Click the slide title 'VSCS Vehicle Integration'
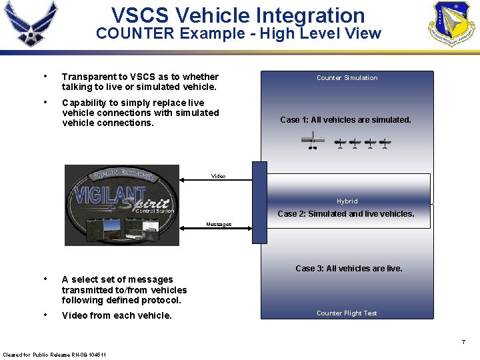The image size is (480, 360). [x=238, y=15]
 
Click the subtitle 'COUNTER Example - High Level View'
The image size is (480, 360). [x=238, y=33]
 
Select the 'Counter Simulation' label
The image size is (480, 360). [x=347, y=78]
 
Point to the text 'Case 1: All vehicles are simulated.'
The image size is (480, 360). [x=345, y=120]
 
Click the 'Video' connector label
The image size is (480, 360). [x=218, y=176]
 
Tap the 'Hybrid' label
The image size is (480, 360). [x=347, y=201]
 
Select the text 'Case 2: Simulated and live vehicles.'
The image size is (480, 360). [x=345, y=214]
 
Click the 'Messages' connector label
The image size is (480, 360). [x=219, y=225]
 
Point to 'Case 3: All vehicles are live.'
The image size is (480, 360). [x=349, y=269]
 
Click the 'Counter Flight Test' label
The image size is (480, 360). [x=347, y=313]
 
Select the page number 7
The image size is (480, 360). [x=463, y=342]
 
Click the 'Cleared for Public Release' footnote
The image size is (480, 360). [x=45, y=353]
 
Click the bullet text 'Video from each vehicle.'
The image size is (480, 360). [x=117, y=315]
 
